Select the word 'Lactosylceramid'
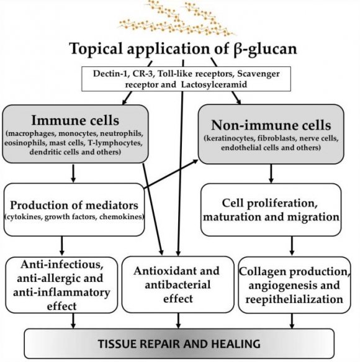(214, 84)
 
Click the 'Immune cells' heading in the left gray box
(75, 120)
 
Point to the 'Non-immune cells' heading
(271, 125)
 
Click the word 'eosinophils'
(25, 143)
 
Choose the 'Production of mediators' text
(74, 206)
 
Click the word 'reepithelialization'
(294, 299)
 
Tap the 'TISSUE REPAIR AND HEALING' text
(179, 344)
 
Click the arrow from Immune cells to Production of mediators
(73, 173)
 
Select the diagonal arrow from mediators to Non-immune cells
(171, 174)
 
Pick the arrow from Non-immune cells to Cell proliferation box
(271, 174)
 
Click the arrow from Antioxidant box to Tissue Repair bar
(178, 320)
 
